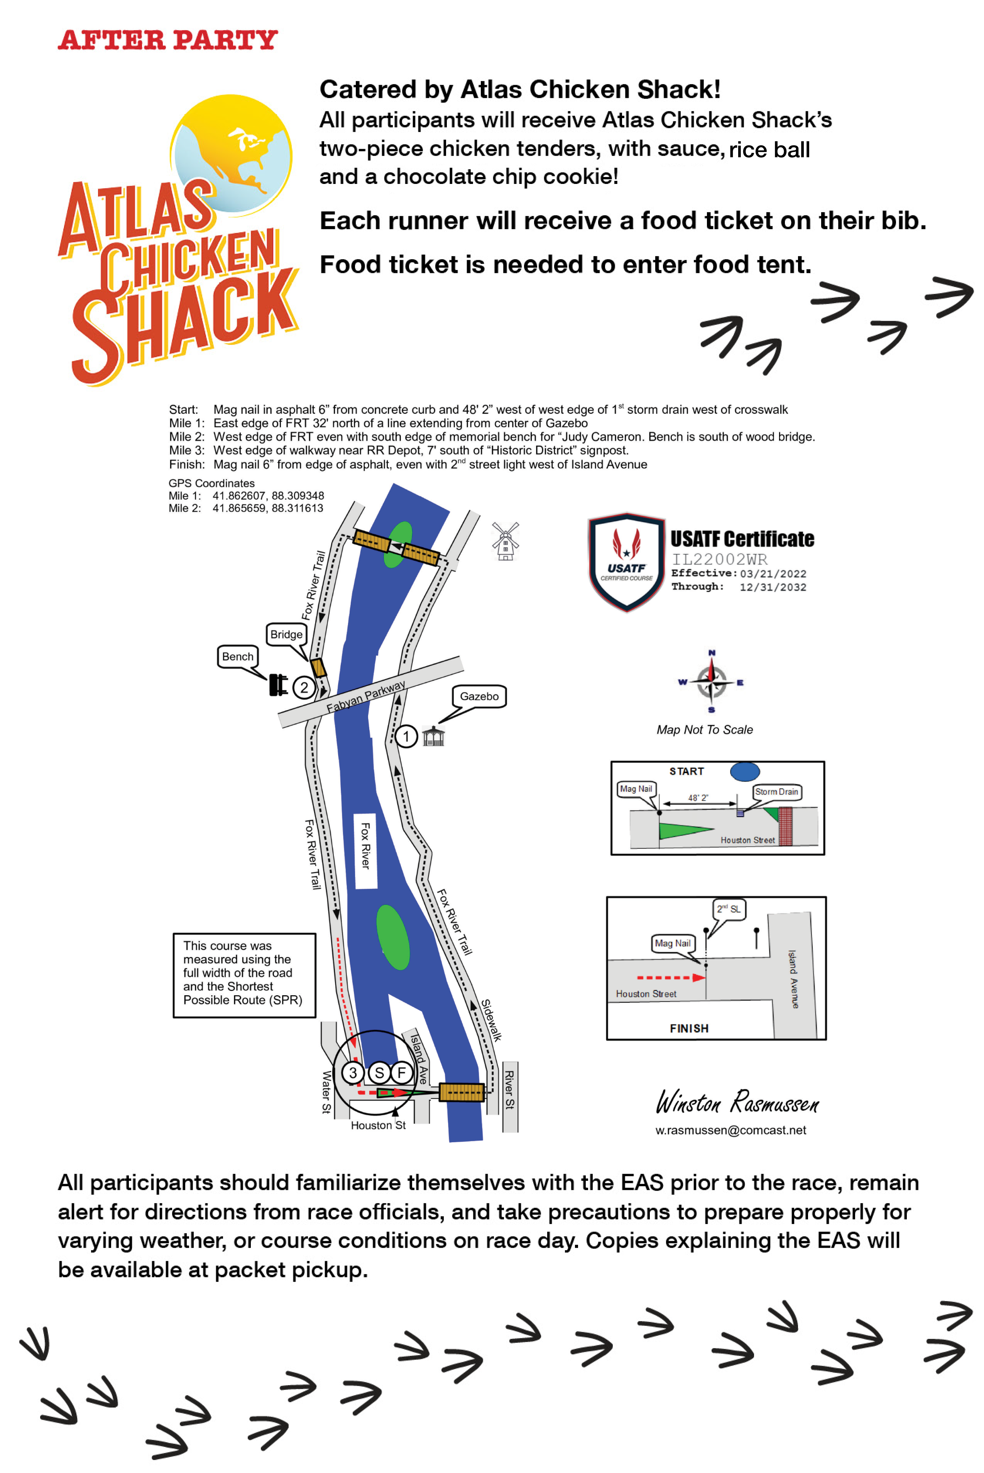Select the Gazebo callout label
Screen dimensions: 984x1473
[479, 696]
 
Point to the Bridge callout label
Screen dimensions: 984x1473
[286, 634]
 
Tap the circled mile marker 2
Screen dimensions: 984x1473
[304, 687]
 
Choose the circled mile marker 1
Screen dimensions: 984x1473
[406, 736]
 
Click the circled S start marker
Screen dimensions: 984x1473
[379, 1073]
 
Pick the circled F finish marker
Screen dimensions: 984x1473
[402, 1073]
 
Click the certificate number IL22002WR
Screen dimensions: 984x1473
[719, 559]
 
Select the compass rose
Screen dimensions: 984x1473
[711, 682]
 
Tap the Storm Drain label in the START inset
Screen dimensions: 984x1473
[776, 791]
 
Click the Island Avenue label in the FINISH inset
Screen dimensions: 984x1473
[794, 978]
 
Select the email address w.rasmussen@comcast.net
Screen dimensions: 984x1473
[730, 1130]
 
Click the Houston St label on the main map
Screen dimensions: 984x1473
[378, 1125]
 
